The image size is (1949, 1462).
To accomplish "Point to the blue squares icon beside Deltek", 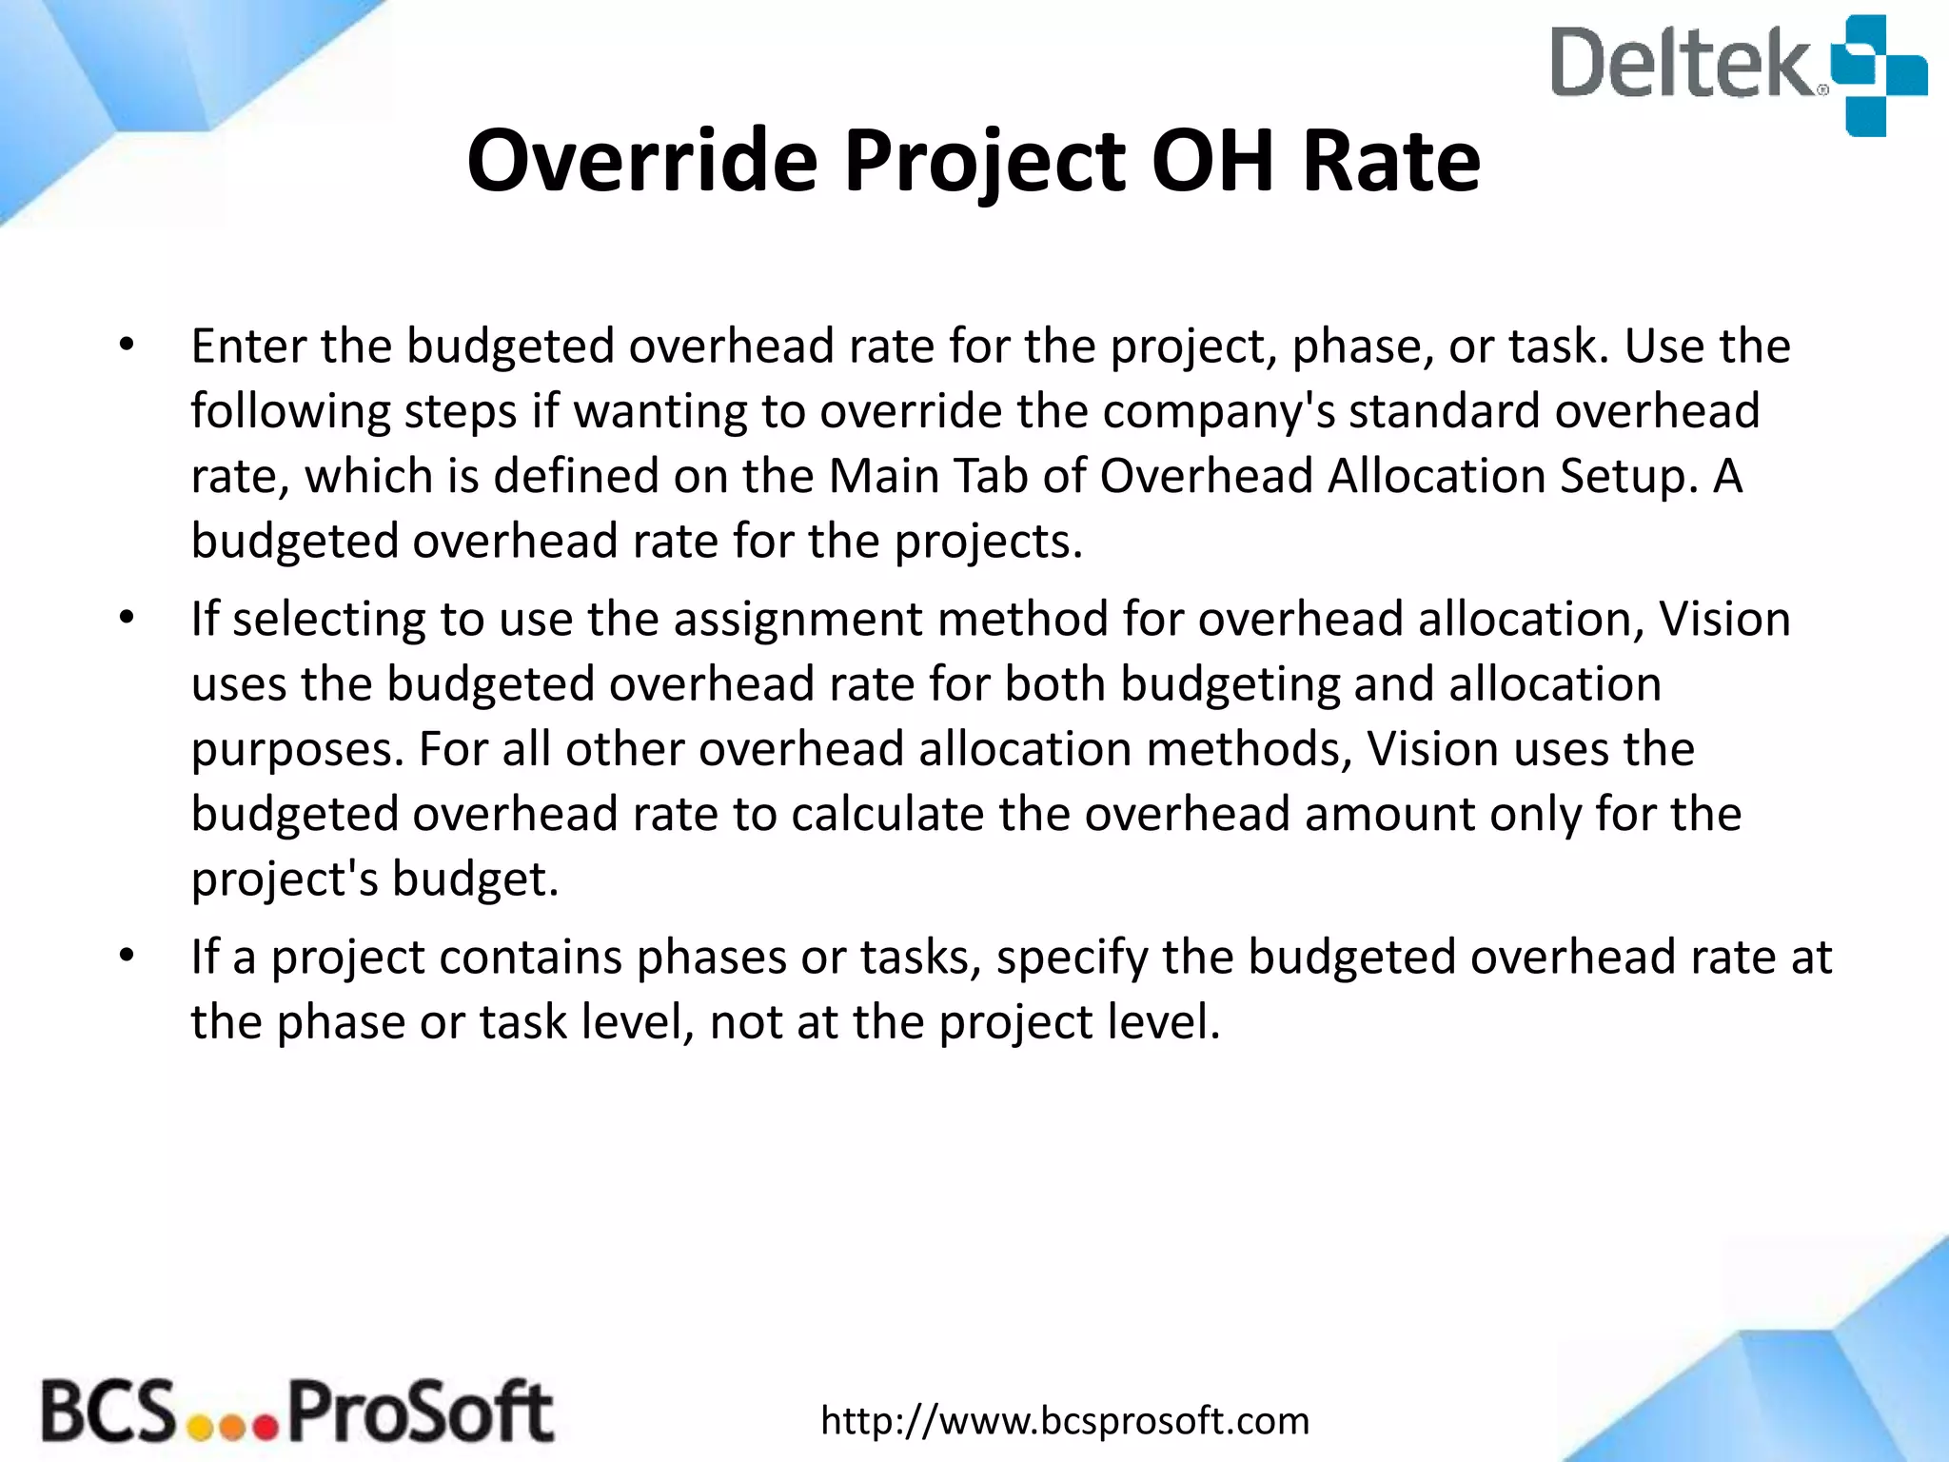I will coord(1879,74).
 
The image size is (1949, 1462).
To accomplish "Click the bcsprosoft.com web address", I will coord(1065,1421).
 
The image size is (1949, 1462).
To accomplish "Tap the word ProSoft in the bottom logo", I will coord(420,1412).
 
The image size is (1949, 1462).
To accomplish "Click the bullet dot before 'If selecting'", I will coord(128,620).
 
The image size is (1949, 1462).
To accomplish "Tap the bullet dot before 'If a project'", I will coord(128,956).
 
